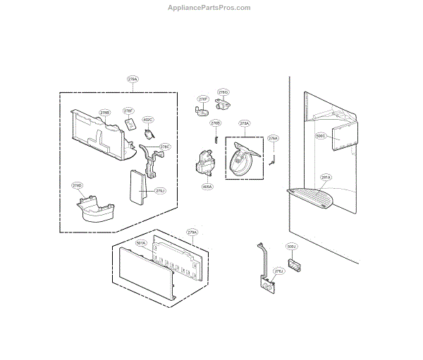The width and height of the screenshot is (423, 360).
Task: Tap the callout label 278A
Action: pyautogui.click(x=133, y=80)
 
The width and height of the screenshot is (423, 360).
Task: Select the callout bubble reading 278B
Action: pyautogui.click(x=104, y=112)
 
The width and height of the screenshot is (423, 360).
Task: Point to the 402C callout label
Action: pyautogui.click(x=148, y=120)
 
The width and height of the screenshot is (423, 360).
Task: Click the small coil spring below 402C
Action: pyautogui.click(x=149, y=132)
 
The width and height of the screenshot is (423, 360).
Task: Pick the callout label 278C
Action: pyautogui.click(x=165, y=147)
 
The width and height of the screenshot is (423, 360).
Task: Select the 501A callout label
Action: pyautogui.click(x=141, y=243)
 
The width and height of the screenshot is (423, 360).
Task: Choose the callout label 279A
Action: pyautogui.click(x=192, y=232)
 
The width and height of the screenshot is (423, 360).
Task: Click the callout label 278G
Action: pyautogui.click(x=223, y=92)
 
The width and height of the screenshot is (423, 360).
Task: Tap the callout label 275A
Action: pyautogui.click(x=245, y=123)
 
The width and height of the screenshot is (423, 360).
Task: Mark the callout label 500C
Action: pyautogui.click(x=321, y=136)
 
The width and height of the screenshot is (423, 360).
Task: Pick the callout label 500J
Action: pyautogui.click(x=292, y=247)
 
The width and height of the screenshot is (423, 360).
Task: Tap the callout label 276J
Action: pyautogui.click(x=278, y=271)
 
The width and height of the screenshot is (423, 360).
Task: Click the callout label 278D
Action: pyautogui.click(x=78, y=185)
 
